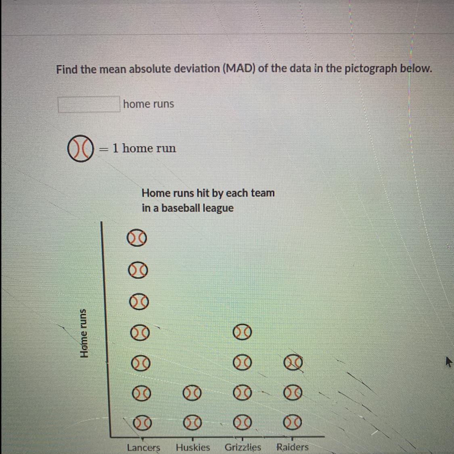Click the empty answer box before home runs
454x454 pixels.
89,104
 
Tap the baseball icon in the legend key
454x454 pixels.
80,148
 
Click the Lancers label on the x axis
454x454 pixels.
144,448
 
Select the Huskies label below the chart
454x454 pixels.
193,447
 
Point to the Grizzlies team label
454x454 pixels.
243,447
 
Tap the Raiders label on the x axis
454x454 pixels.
293,447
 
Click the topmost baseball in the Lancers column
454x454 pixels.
137,238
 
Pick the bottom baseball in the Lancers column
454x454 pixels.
142,423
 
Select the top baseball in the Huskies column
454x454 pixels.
192,393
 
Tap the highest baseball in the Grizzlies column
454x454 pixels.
243,332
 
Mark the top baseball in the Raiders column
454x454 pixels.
293,362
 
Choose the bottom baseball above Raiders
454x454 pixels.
293,423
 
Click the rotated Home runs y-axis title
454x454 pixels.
84,333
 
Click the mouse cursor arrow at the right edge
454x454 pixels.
448,362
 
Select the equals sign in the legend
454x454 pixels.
103,149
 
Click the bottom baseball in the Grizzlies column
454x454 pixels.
243,423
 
